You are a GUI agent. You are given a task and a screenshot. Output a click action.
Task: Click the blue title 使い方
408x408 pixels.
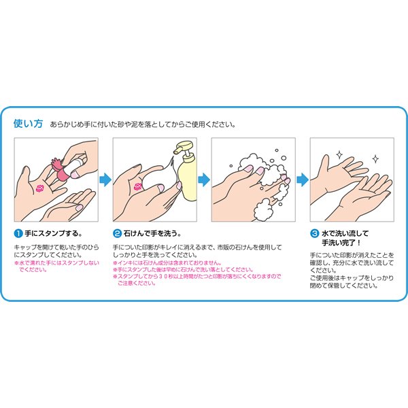28,124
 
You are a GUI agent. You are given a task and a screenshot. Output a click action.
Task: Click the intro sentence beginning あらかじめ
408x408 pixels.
143,124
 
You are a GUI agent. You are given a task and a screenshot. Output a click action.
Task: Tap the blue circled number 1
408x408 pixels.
18,233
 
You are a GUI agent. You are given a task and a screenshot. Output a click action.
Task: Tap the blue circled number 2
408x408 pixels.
116,233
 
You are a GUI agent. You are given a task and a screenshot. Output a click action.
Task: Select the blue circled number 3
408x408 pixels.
314,233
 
